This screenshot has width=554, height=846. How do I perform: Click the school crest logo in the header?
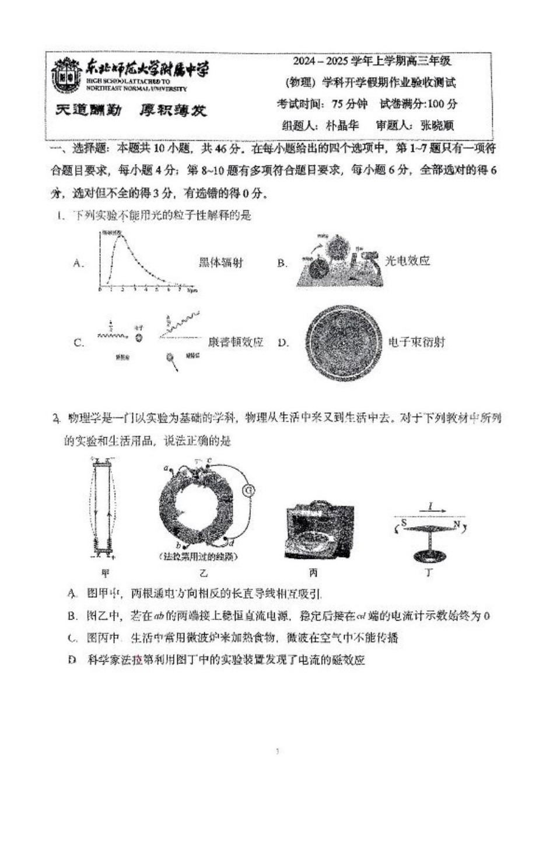click(x=66, y=75)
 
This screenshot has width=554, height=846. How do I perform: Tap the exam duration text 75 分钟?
click(x=350, y=104)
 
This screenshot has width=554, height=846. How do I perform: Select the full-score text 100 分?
click(x=443, y=104)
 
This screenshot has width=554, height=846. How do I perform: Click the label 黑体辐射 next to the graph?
click(x=221, y=262)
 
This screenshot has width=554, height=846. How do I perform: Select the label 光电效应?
click(x=408, y=261)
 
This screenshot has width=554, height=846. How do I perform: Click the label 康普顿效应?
click(x=236, y=342)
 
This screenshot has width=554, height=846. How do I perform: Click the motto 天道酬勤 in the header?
click(x=88, y=110)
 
